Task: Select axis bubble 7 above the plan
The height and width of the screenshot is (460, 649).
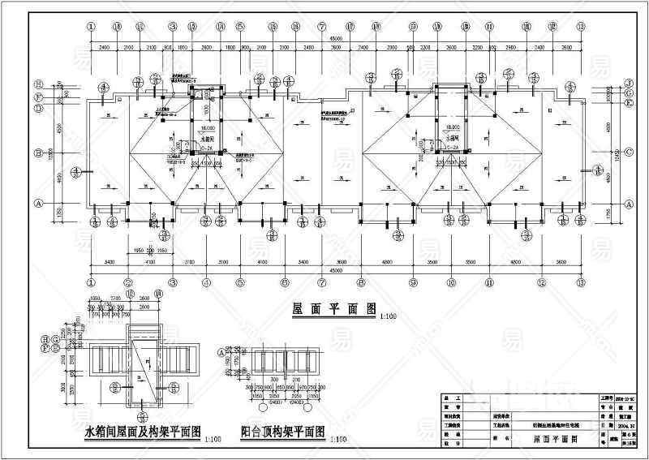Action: tap(322, 27)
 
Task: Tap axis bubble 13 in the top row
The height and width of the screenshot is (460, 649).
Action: tap(581, 27)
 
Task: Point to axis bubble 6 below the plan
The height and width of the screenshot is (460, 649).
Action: tap(285, 282)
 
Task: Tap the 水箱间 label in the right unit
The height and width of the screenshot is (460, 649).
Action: tap(452, 137)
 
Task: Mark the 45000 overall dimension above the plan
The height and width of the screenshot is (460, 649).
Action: tap(335, 38)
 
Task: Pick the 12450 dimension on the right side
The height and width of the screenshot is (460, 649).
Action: tap(620, 153)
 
